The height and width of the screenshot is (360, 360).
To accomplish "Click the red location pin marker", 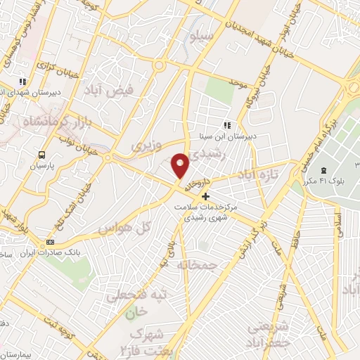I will (x=181, y=165).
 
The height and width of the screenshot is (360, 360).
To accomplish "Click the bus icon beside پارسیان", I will (x=43, y=155).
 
